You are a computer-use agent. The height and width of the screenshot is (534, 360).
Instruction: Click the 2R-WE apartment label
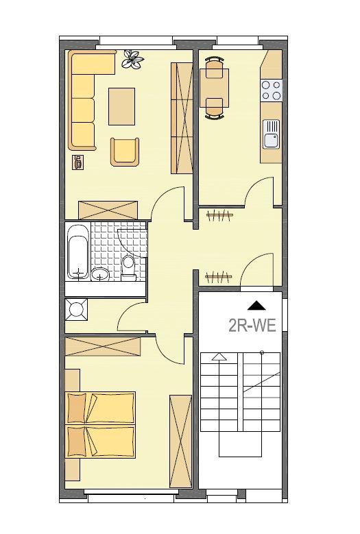[252, 324]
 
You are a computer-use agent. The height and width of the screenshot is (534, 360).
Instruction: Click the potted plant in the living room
[132, 60]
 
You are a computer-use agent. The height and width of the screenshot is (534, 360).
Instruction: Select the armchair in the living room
[125, 151]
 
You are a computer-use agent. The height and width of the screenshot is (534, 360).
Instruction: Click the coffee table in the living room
[121, 106]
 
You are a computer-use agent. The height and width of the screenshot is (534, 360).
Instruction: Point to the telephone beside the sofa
[77, 162]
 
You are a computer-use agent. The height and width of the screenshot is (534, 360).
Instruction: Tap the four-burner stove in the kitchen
[272, 90]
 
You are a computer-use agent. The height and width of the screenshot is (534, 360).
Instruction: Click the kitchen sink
[272, 134]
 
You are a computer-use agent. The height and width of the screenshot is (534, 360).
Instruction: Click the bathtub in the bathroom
[77, 252]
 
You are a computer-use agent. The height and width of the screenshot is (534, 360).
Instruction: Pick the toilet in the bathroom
[128, 267]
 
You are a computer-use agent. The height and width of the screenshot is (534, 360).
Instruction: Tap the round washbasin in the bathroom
[100, 274]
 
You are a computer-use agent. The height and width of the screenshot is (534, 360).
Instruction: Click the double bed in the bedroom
[101, 424]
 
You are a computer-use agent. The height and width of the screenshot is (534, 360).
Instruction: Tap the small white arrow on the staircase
[219, 356]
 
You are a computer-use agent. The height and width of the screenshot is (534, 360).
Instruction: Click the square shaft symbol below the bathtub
[76, 310]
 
